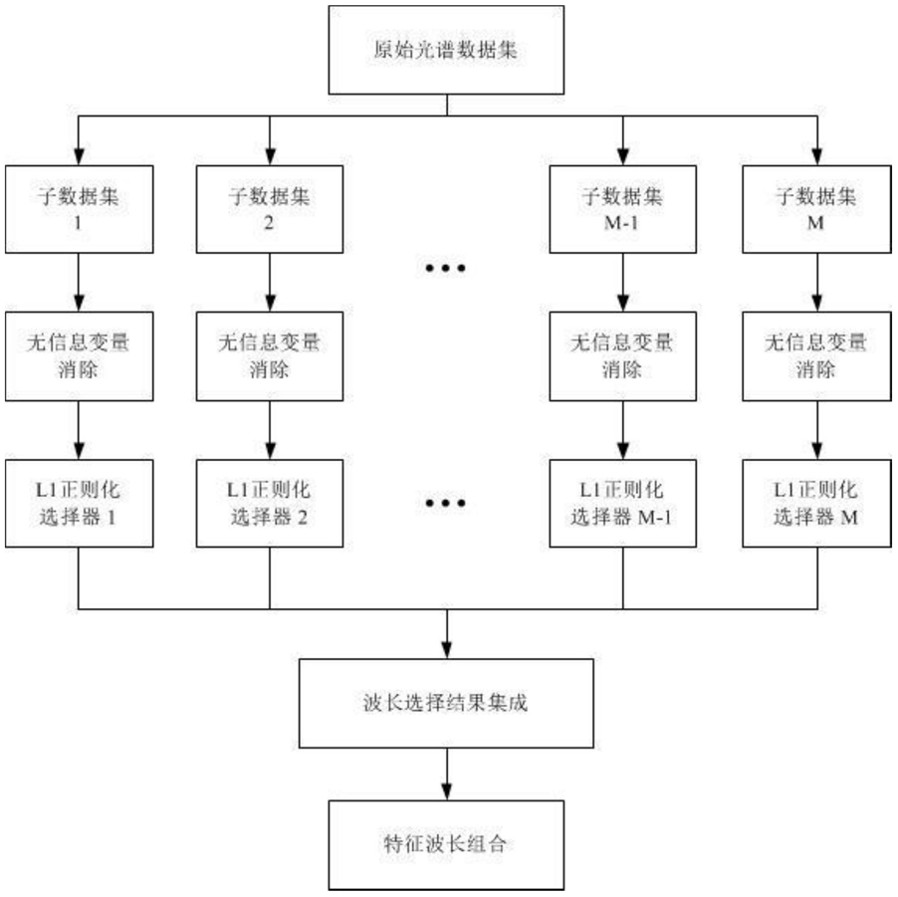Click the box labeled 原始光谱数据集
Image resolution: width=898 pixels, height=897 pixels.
click(x=446, y=50)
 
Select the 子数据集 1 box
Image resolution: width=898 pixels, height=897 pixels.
click(x=79, y=209)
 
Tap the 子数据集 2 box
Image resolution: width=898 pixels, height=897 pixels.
click(x=270, y=209)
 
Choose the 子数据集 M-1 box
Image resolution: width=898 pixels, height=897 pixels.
click(x=623, y=209)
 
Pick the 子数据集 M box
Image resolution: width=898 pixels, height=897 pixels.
click(x=816, y=209)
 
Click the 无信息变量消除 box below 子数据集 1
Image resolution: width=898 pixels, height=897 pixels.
click(x=79, y=356)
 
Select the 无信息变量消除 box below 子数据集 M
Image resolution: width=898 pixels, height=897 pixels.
click(x=816, y=356)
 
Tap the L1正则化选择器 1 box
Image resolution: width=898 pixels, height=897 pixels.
click(x=79, y=504)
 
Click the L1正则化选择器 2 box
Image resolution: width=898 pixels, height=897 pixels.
click(x=270, y=504)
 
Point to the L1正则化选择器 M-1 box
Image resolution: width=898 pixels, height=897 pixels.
click(x=623, y=504)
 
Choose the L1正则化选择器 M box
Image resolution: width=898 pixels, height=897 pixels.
click(x=816, y=504)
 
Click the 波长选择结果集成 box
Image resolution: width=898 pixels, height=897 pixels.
click(x=446, y=704)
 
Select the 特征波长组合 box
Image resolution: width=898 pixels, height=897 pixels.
click(x=446, y=845)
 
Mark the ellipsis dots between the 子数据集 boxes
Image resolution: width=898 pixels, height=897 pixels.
click(x=446, y=268)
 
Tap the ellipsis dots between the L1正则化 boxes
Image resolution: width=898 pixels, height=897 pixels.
click(x=446, y=503)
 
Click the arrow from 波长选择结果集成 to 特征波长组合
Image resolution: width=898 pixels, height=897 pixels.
click(x=447, y=775)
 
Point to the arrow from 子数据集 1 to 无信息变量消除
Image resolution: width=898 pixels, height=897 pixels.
click(x=79, y=283)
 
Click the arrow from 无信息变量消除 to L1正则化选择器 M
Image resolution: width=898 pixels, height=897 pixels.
click(x=817, y=430)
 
